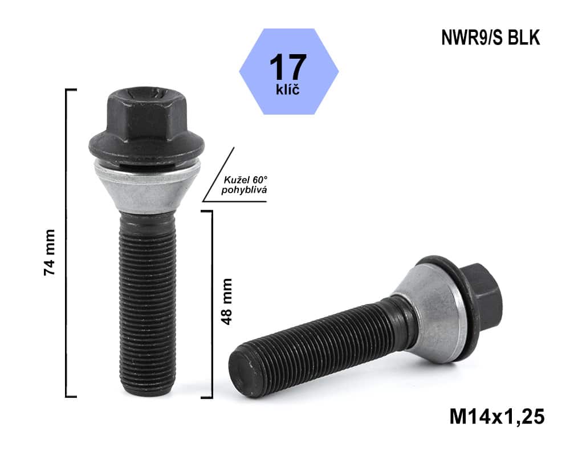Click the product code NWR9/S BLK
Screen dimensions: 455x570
(490, 38)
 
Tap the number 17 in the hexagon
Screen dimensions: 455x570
(288, 67)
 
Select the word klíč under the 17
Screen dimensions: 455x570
(288, 90)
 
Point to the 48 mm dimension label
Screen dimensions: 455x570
(227, 301)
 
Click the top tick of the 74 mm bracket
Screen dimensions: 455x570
(72, 90)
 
